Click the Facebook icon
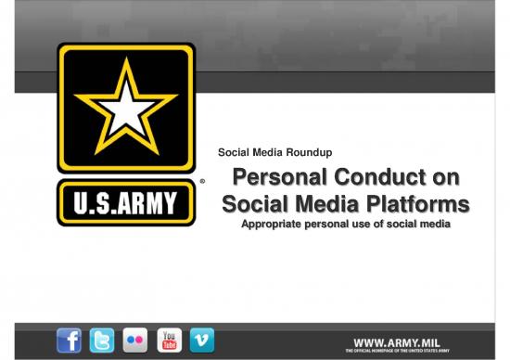click(70, 341)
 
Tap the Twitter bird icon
click(102, 341)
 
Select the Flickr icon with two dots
click(135, 341)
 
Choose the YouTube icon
click(169, 341)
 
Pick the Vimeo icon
click(201, 341)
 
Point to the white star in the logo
click(125, 105)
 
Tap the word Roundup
click(310, 152)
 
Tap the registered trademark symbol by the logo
click(202, 182)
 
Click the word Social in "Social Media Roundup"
click(231, 152)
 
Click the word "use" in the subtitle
click(365, 224)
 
